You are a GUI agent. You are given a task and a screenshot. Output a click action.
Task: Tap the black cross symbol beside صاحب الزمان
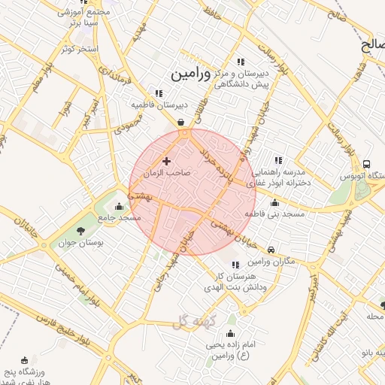coord(166,161)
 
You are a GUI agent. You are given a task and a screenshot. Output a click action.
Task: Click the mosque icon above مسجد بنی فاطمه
coord(274,202)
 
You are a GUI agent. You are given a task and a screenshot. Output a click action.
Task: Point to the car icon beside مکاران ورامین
coord(271,250)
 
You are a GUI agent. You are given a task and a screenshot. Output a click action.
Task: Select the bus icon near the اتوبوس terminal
coord(366,165)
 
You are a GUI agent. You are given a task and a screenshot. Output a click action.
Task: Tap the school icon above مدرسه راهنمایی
coord(278,159)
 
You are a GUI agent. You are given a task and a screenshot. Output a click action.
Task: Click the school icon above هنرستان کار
coord(235,264)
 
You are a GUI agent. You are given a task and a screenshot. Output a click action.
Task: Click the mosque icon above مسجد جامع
coord(118,206)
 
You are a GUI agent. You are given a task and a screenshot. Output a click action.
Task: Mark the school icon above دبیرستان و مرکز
coord(240,62)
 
